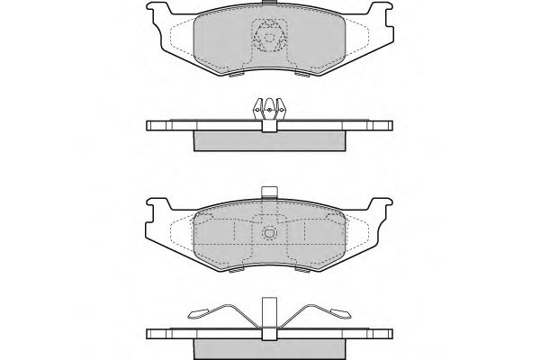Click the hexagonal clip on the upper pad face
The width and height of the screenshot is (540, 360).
pos(269,39)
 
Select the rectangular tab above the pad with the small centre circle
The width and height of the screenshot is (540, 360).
pos(268,192)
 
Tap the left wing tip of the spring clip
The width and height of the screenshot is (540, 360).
pos(194,314)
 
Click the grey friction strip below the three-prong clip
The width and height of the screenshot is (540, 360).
pos(269,140)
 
